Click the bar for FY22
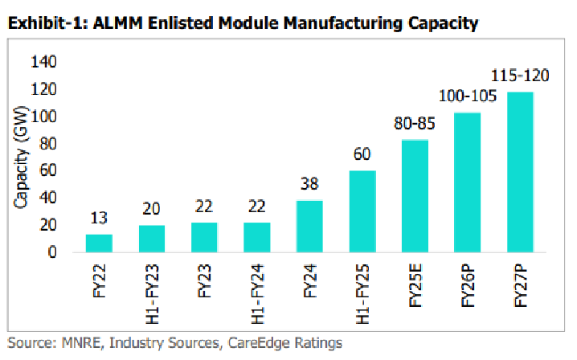pos(99,243)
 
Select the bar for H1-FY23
pos(151,239)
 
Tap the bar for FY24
pos(309,226)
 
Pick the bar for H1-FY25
pos(362,211)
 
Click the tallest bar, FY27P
pos(520,172)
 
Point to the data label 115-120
pos(520,77)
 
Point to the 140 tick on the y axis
pos(43,62)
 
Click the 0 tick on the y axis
pos(51,252)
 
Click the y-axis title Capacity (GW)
pos(20,157)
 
